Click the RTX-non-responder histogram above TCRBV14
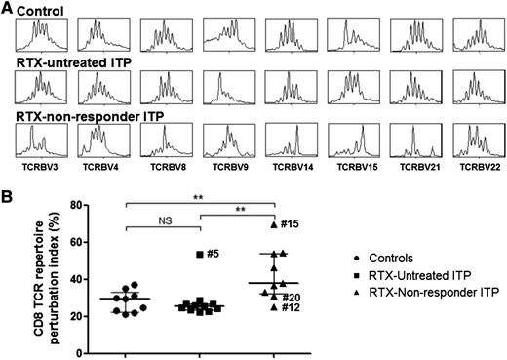click(x=290, y=140)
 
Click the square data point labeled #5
click(x=199, y=254)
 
